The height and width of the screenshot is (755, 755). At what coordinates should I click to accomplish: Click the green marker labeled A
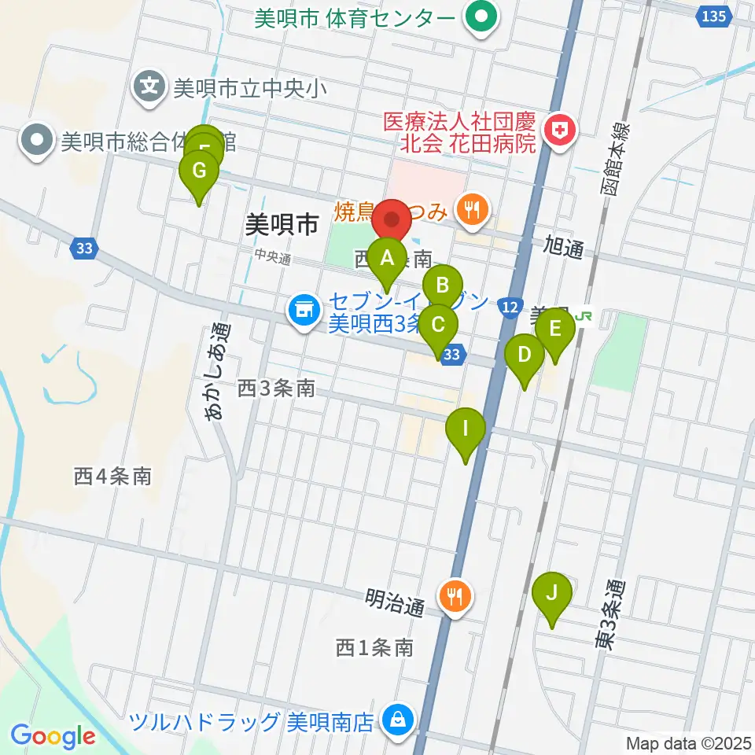[386, 257]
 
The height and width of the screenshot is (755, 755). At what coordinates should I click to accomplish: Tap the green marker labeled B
[443, 285]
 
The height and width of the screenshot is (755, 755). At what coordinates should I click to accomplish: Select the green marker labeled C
[438, 324]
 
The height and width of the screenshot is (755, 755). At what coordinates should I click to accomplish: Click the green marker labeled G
[199, 170]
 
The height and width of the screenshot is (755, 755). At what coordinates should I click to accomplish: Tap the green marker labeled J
[551, 593]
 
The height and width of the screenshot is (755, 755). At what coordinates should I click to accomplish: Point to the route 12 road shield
[510, 305]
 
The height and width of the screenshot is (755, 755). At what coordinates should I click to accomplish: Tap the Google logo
[53, 737]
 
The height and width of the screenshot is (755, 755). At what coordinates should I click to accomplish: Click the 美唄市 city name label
[282, 226]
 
